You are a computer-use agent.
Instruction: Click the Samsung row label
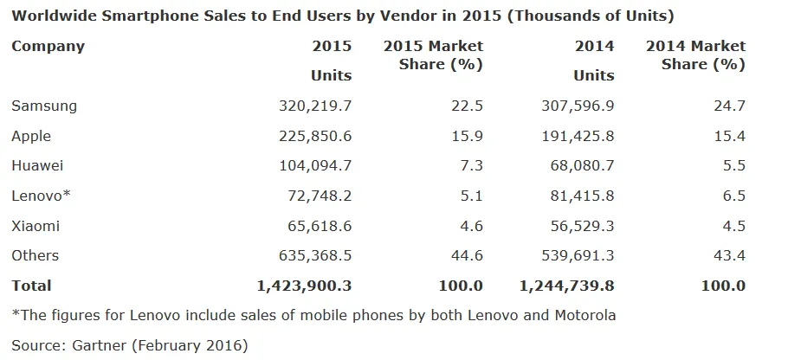[44, 106]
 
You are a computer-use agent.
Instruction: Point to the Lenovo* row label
[41, 196]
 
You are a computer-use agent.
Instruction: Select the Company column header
[48, 46]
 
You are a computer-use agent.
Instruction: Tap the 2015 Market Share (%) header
[433, 55]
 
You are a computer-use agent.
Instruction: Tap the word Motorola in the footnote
[583, 315]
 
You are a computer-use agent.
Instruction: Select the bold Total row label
[31, 285]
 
